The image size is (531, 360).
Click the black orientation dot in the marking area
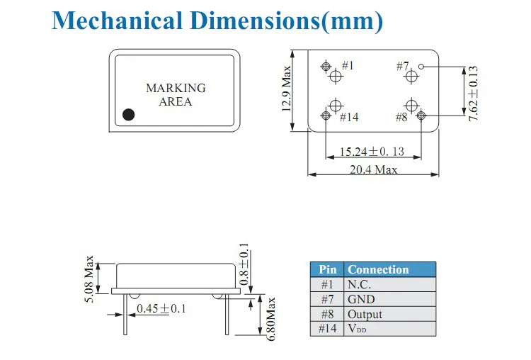click(128, 115)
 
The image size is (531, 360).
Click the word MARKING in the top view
click(176, 88)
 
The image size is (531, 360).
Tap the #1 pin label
click(348, 65)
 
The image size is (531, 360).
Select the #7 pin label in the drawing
click(403, 66)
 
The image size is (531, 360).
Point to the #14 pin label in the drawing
click(349, 118)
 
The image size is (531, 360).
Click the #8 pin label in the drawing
click(401, 118)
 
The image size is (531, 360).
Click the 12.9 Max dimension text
click(287, 89)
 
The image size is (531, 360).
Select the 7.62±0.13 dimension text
click(473, 94)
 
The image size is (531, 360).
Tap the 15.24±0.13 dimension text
click(372, 152)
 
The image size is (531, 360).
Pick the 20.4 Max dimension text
click(373, 169)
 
